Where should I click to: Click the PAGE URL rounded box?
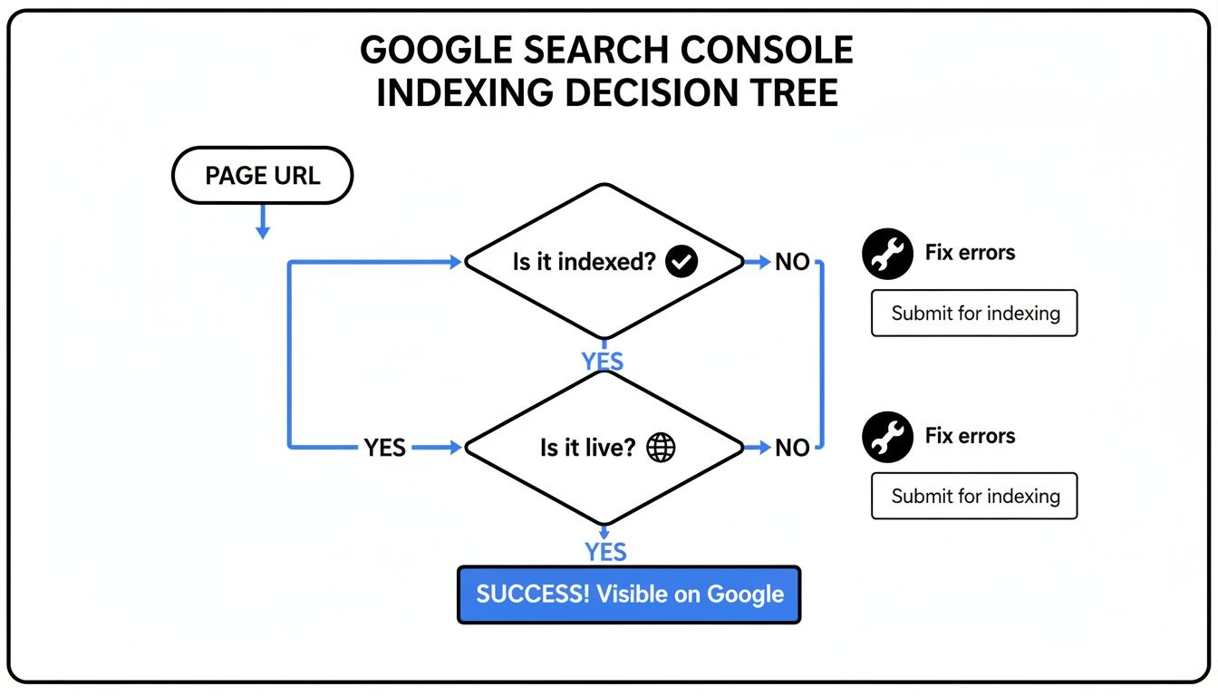pos(262,176)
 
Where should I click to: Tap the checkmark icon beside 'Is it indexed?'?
pos(681,262)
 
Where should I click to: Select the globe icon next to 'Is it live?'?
pos(661,447)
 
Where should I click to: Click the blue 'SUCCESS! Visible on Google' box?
pos(629,594)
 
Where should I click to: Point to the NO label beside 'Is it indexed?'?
pos(792,262)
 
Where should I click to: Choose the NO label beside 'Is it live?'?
pos(792,447)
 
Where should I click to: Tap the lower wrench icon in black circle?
pos(886,437)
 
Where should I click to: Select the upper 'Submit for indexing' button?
pos(974,314)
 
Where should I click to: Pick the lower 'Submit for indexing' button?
pos(974,496)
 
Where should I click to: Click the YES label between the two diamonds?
pos(603,362)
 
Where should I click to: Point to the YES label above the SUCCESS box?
pos(605,552)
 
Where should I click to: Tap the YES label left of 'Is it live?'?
pos(385,447)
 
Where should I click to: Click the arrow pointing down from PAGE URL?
pos(262,223)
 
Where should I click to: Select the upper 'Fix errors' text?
pos(970,253)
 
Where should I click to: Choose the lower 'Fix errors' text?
pos(970,436)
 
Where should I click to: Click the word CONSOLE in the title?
pos(768,51)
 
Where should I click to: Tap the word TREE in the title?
pos(789,92)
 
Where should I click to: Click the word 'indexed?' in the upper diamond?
pos(607,262)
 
